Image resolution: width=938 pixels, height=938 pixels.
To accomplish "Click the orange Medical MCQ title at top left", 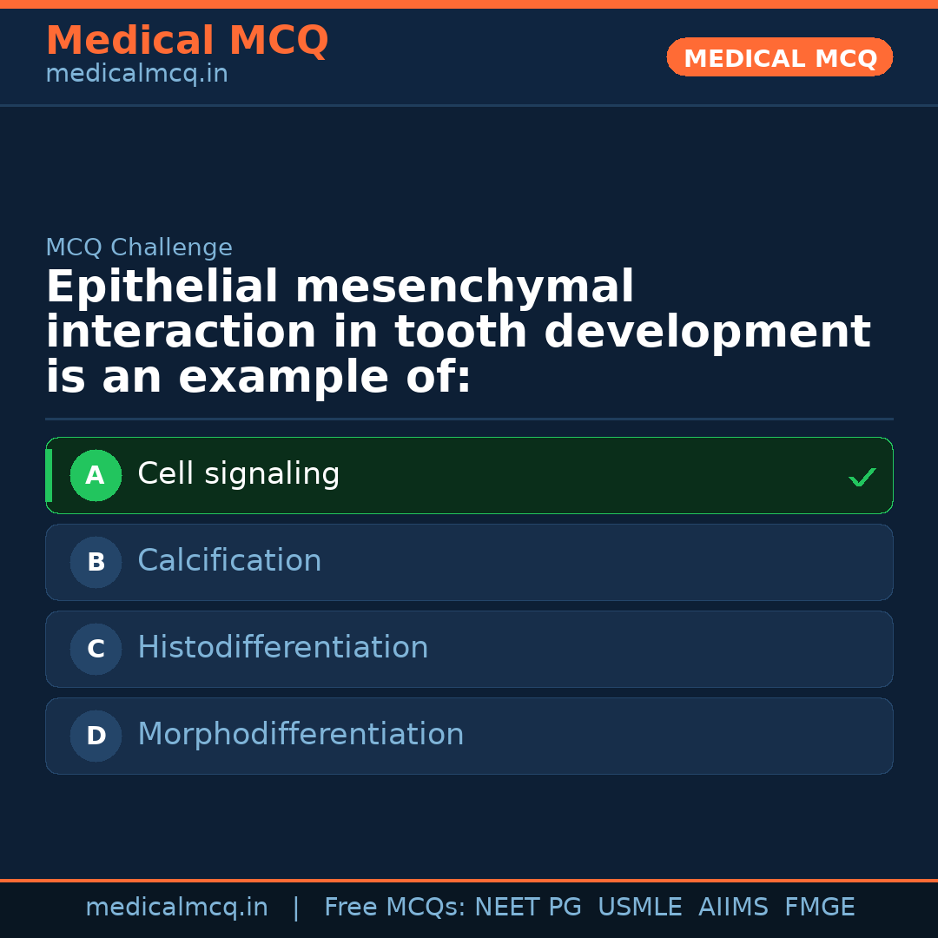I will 187,41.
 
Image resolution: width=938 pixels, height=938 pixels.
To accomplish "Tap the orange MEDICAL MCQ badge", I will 780,58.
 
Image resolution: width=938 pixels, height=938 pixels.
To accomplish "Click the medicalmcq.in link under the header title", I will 136,75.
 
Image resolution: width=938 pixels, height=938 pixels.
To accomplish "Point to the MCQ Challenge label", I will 139,248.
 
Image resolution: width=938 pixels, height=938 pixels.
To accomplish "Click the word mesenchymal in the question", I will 465,287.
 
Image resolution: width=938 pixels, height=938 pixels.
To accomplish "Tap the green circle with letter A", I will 96,475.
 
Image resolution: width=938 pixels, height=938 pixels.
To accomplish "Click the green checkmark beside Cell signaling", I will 862,477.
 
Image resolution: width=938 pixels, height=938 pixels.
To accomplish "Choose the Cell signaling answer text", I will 239,474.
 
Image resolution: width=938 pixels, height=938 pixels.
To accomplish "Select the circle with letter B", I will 96,562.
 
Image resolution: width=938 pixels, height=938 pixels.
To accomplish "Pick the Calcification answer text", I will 229,561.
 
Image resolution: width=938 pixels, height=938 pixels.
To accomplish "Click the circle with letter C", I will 96,649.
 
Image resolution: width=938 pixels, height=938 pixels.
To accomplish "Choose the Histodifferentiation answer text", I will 283,648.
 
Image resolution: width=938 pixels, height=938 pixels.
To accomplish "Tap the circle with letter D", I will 96,736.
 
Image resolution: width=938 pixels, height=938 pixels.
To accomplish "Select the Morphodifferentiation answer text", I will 301,735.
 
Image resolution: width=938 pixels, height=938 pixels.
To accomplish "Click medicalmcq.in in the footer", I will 176,908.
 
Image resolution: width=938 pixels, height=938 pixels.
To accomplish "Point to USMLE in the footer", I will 639,908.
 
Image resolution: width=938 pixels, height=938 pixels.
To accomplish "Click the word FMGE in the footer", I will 819,908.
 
